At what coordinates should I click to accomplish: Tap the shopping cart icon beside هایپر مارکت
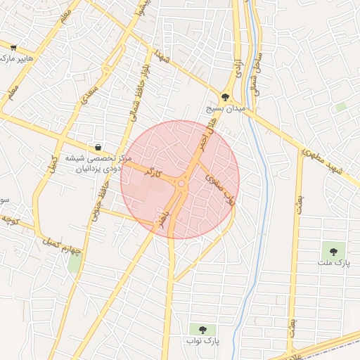point(13,47)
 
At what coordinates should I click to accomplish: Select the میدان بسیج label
point(224,110)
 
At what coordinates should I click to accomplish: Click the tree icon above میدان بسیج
point(225,98)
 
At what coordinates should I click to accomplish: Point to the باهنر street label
point(166,214)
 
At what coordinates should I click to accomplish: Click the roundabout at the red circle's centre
point(181,184)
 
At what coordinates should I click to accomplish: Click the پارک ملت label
point(333,263)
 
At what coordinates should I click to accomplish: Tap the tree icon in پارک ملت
point(333,250)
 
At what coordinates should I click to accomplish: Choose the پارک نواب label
point(204,341)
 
